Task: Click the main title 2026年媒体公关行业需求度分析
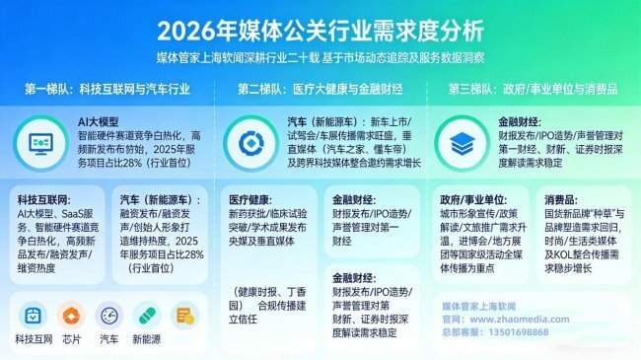(x=320, y=27)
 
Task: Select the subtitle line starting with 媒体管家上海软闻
(x=320, y=58)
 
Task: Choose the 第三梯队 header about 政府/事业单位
(x=534, y=90)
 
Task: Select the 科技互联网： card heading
(x=42, y=197)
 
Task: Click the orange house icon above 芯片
(x=70, y=316)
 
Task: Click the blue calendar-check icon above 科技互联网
(x=33, y=316)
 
